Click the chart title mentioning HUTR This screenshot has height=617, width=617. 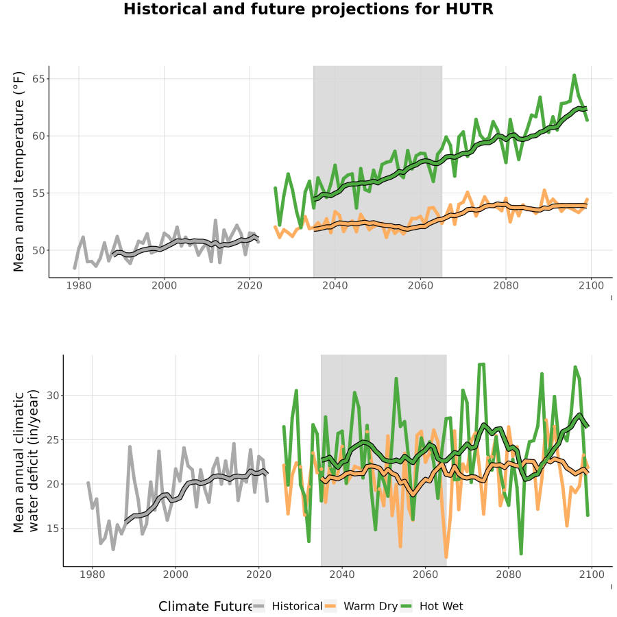(x=308, y=9)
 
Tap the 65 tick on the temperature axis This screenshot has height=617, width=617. (x=38, y=79)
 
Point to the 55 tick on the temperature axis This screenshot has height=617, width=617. (x=38, y=193)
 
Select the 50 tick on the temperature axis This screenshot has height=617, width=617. (x=38, y=250)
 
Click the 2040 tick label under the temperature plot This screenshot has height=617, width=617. (x=335, y=285)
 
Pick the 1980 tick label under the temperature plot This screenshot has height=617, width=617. (x=79, y=285)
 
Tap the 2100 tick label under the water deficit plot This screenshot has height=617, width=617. (x=592, y=574)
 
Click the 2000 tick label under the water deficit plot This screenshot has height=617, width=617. (x=176, y=574)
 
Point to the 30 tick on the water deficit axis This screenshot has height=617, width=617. (x=53, y=396)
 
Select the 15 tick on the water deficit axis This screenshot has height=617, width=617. (x=53, y=528)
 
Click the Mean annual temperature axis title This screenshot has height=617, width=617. (x=19, y=171)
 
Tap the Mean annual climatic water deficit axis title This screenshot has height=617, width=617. (x=26, y=461)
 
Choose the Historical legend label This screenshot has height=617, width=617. (x=297, y=606)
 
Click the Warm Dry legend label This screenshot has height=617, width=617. (x=370, y=607)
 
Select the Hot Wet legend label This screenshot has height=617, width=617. (x=441, y=606)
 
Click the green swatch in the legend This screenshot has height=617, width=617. (x=406, y=606)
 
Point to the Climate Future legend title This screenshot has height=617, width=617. (x=206, y=606)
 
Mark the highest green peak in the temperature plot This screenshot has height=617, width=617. (x=574, y=75)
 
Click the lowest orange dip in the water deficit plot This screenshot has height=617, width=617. (x=446, y=557)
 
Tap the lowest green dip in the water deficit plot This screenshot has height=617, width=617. (x=521, y=553)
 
